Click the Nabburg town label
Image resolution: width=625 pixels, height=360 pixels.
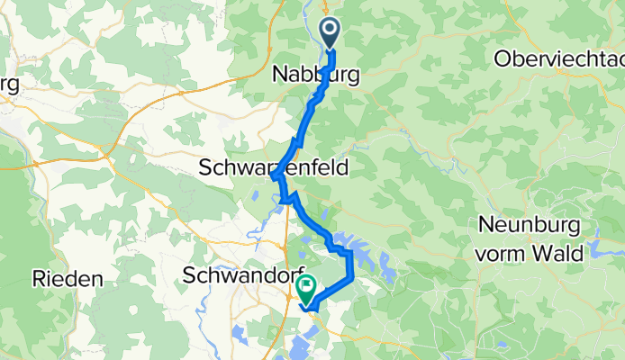point(315,76)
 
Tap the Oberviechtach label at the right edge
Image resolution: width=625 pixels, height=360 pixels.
point(558,58)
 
